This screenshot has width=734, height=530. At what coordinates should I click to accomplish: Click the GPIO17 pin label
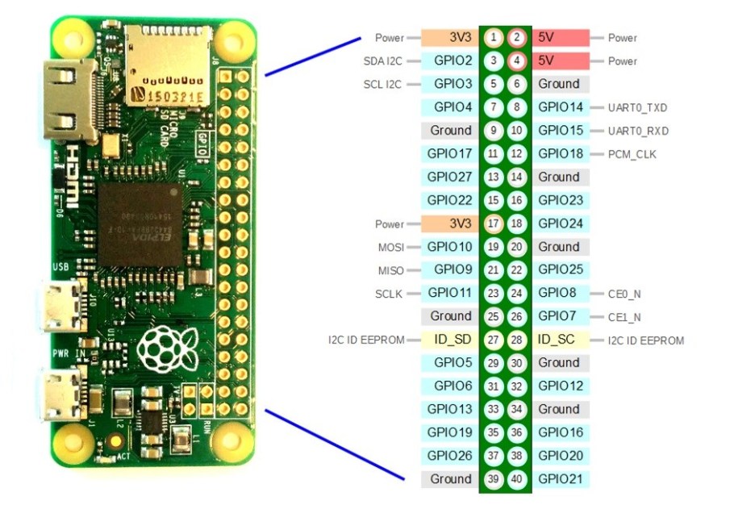coord(450,153)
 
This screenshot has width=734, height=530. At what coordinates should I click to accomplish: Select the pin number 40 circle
coord(517,479)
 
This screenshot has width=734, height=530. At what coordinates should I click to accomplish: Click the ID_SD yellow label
coord(450,340)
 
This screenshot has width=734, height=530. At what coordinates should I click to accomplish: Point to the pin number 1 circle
coord(493,37)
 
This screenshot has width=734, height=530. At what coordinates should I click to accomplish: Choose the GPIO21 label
coord(560,479)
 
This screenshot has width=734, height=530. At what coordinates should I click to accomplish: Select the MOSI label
coord(390,247)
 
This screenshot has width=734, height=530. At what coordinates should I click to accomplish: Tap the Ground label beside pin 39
coord(450,479)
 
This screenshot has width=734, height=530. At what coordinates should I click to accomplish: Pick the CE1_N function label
coord(625,317)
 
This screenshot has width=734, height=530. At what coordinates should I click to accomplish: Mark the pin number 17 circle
coord(493,223)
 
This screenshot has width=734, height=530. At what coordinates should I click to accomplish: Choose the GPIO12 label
coord(560,386)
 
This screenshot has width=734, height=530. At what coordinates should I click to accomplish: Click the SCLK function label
coord(390,294)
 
